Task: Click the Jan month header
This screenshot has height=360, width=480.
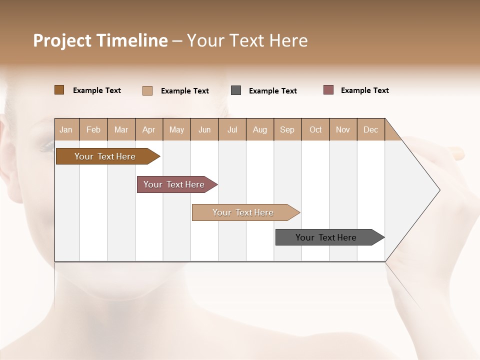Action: pyautogui.click(x=66, y=129)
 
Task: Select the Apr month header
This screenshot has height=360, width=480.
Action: pyautogui.click(x=149, y=129)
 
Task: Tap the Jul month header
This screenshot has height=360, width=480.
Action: pyautogui.click(x=232, y=129)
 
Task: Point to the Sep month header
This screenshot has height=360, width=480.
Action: pyautogui.click(x=287, y=129)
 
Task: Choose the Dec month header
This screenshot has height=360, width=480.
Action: pyautogui.click(x=370, y=129)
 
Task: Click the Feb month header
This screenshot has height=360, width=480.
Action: pyautogui.click(x=93, y=129)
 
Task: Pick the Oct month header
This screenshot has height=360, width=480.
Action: pyautogui.click(x=315, y=129)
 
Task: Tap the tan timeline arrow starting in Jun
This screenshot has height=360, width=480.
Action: pyautogui.click(x=244, y=212)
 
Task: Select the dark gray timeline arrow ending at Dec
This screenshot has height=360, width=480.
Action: pyautogui.click(x=327, y=237)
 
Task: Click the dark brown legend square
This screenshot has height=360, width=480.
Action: pyautogui.click(x=59, y=90)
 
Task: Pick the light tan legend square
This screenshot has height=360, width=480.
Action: pyautogui.click(x=147, y=90)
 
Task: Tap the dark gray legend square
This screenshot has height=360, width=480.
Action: pyautogui.click(x=236, y=90)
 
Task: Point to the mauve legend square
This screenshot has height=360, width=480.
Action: pyautogui.click(x=328, y=90)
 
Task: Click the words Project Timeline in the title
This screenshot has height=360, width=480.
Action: pyautogui.click(x=100, y=40)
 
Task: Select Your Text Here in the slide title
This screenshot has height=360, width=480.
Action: pyautogui.click(x=247, y=40)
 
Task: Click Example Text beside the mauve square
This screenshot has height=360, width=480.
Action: pyautogui.click(x=364, y=90)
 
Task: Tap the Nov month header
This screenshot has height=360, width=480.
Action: pyautogui.click(x=343, y=129)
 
